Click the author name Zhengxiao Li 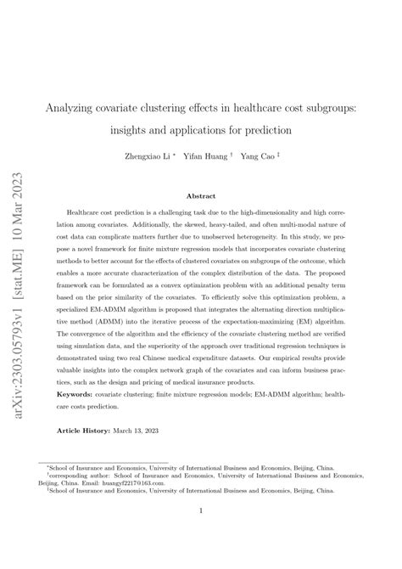click(x=154, y=156)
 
